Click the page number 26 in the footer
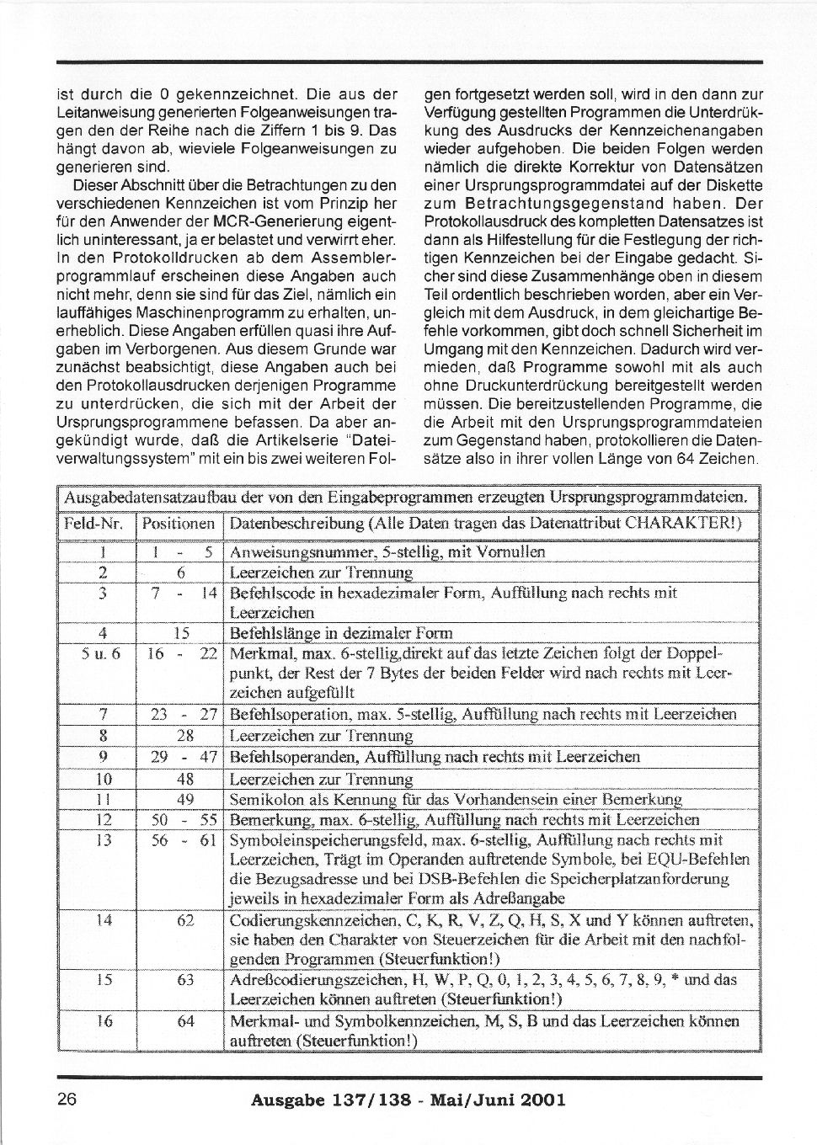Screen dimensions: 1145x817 click(x=67, y=1100)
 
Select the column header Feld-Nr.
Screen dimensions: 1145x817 click(x=94, y=524)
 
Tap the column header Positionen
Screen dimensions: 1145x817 click(x=179, y=524)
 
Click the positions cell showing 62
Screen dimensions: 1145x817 click(x=186, y=921)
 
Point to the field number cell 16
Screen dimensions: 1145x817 click(x=104, y=1021)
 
